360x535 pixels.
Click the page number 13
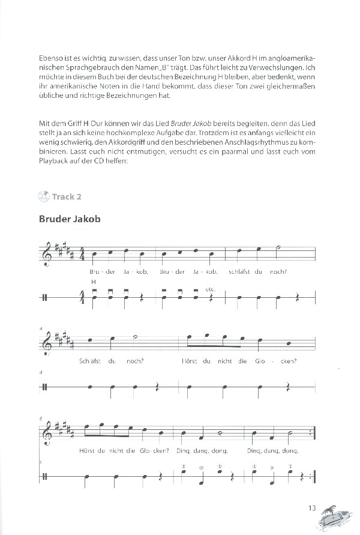(x=311, y=509)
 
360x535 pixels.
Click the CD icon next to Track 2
(x=43, y=195)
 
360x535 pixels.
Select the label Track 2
(x=67, y=196)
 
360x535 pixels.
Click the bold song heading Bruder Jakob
(x=69, y=219)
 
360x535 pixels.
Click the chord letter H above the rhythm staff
(x=94, y=282)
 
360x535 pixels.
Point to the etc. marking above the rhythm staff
(x=210, y=289)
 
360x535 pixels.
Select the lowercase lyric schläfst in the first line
(x=242, y=271)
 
